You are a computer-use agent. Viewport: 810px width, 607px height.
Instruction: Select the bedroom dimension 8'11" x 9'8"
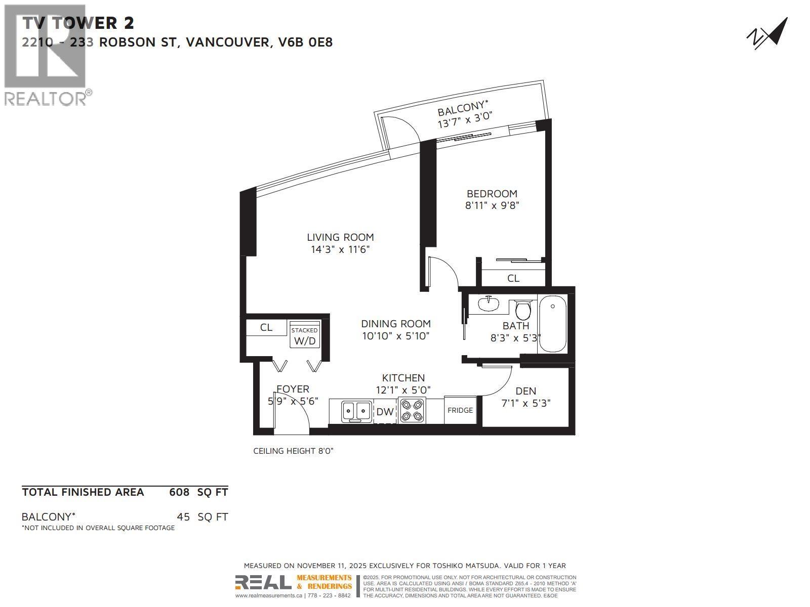tap(492, 205)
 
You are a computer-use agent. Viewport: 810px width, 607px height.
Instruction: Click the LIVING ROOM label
tap(340, 237)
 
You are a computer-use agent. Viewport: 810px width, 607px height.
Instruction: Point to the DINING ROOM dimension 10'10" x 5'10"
tap(395, 336)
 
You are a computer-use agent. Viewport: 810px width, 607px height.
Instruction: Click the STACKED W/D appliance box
tap(305, 335)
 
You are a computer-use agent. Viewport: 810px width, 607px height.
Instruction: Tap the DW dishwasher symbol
tap(385, 412)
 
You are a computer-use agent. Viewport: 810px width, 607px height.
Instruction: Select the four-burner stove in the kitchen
tap(412, 410)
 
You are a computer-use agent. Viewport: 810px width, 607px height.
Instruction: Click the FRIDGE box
tap(460, 410)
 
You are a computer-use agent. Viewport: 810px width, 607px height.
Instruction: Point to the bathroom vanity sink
tap(488, 304)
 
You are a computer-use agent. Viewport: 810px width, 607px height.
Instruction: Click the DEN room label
tap(525, 391)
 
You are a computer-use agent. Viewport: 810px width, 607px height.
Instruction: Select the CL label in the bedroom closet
tap(513, 278)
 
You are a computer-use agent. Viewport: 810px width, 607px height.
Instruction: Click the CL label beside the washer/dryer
tap(266, 327)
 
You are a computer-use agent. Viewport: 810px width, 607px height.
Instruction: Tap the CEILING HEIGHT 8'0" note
tap(293, 451)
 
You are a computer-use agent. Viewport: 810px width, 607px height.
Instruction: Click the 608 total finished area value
tap(179, 492)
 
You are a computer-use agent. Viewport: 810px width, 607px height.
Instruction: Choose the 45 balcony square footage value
tap(183, 517)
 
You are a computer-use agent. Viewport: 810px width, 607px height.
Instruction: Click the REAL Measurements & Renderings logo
tap(294, 582)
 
